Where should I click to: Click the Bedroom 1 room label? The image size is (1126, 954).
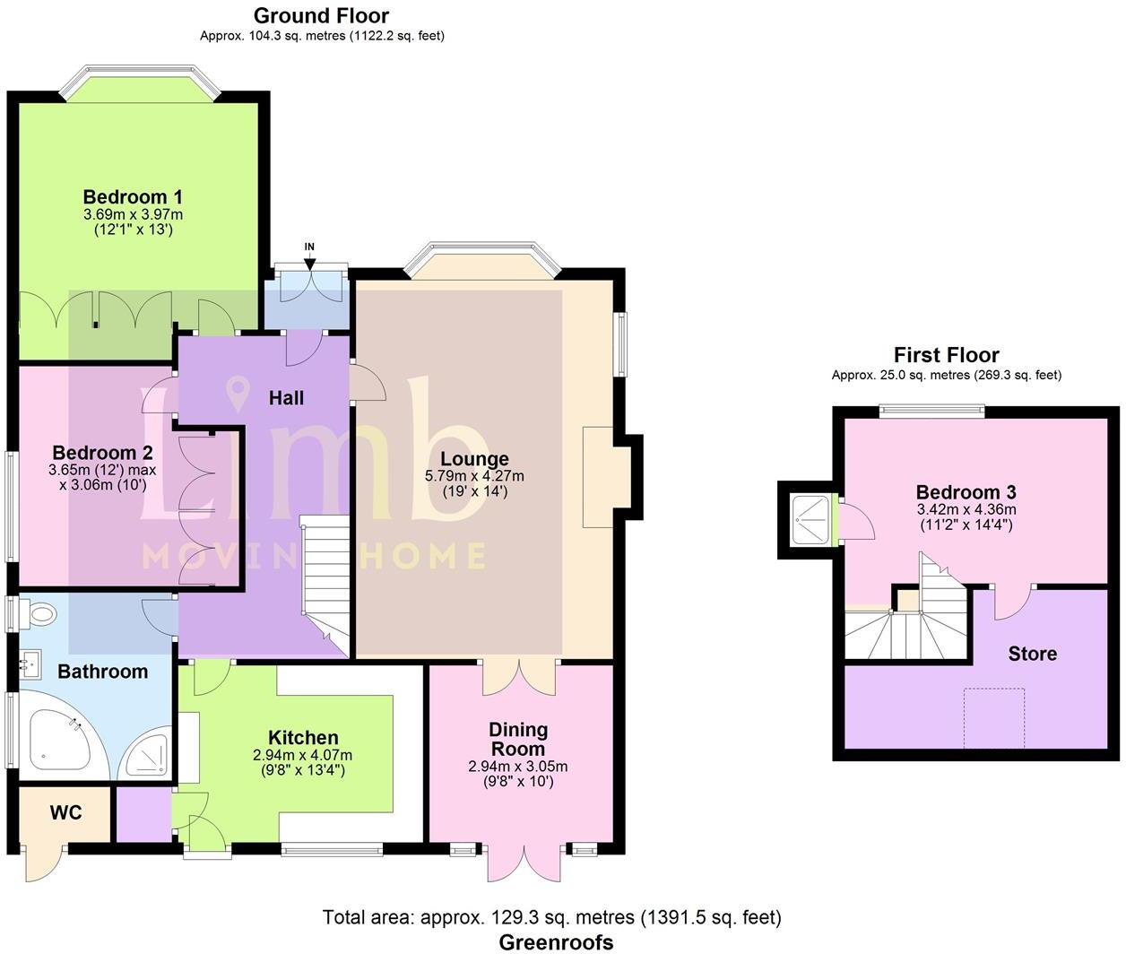tap(133, 196)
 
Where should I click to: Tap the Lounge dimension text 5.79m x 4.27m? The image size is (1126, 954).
tap(474, 476)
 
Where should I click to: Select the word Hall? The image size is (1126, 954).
tap(286, 398)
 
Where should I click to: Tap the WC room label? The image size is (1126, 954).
tap(65, 812)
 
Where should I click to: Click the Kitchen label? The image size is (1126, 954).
tap(303, 738)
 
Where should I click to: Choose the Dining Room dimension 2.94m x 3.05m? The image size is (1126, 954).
tap(517, 767)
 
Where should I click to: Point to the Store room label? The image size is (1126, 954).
tap(1032, 654)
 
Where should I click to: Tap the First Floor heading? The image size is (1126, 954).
tap(946, 355)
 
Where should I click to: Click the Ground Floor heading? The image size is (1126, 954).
tap(321, 15)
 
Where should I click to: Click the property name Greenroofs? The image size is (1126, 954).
tap(556, 941)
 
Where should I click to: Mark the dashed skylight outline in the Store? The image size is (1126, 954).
tap(993, 717)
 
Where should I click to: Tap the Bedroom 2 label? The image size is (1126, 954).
tap(102, 453)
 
